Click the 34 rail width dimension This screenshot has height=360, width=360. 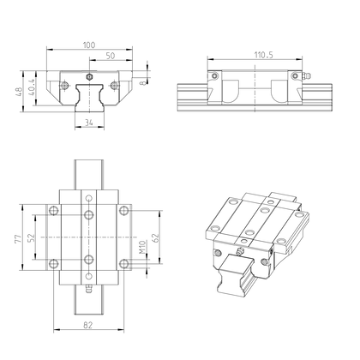(89, 122)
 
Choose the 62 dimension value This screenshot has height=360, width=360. (154, 238)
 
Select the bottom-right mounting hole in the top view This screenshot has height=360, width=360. (125, 262)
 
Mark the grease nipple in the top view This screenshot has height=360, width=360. (89, 294)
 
